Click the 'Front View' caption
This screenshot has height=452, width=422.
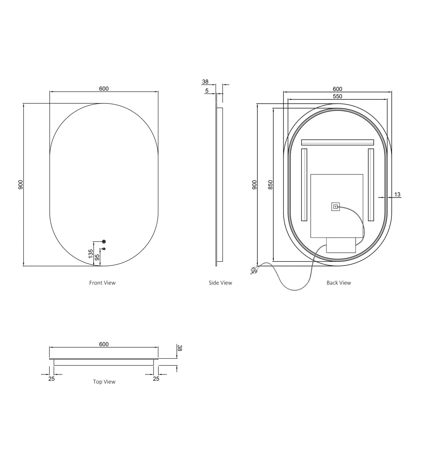coord(102,283)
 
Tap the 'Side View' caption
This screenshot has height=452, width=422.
coord(220,283)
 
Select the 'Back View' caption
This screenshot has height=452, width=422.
coord(338,283)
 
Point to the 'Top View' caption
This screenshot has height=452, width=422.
coord(104,382)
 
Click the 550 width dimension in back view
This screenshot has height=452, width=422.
coord(337,96)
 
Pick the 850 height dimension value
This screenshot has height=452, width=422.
coord(270,185)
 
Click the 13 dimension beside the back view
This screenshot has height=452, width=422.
coord(397,194)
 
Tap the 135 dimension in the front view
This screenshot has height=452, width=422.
coord(91,253)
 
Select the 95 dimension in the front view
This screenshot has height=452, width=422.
coord(97,257)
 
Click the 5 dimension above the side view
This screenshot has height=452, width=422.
coord(207,91)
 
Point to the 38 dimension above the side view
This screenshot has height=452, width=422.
coord(206,82)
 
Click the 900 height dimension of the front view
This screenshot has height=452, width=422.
coord(21,185)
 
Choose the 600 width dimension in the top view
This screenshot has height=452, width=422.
coord(104,344)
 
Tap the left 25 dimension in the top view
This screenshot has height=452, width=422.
coord(52,379)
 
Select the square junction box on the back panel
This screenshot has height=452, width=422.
coord(336,206)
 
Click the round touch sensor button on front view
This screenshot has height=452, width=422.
coord(104,241)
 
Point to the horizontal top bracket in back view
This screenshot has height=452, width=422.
coord(337,142)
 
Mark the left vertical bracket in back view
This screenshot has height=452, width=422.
coord(304,185)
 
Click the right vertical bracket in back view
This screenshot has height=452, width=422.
coord(371,185)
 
